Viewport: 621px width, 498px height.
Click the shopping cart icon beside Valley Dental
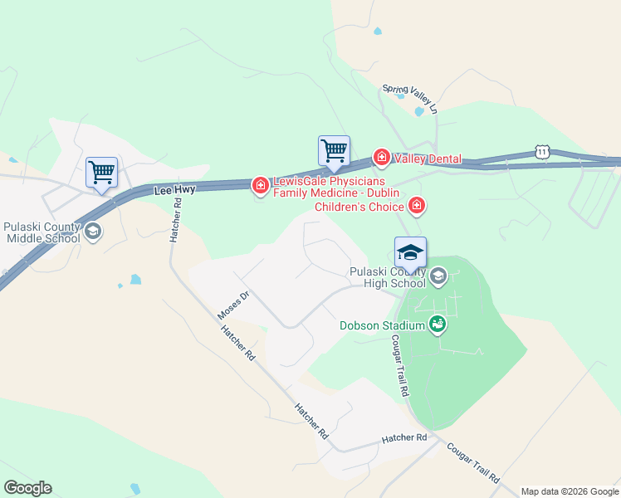[x=334, y=151]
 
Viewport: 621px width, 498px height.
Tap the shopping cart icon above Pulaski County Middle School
[x=101, y=173]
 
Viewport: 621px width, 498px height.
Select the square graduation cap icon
[x=410, y=252]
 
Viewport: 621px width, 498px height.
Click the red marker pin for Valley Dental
[x=381, y=156]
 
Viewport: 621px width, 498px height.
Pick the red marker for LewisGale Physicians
[x=261, y=184]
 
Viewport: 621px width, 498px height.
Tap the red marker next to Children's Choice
[x=417, y=205]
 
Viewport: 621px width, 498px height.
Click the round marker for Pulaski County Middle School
[x=93, y=231]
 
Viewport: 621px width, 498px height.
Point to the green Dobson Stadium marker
[x=437, y=325]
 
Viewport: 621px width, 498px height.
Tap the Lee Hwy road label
[x=175, y=190]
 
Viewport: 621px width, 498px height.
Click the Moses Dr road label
[x=232, y=305]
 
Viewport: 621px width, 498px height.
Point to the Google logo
[x=27, y=488]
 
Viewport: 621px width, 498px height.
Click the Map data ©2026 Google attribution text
[x=569, y=491]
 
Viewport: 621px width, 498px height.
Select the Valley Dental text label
[x=428, y=159]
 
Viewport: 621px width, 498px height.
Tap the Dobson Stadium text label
[x=382, y=325]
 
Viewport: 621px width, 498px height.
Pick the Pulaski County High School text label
[x=387, y=277]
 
